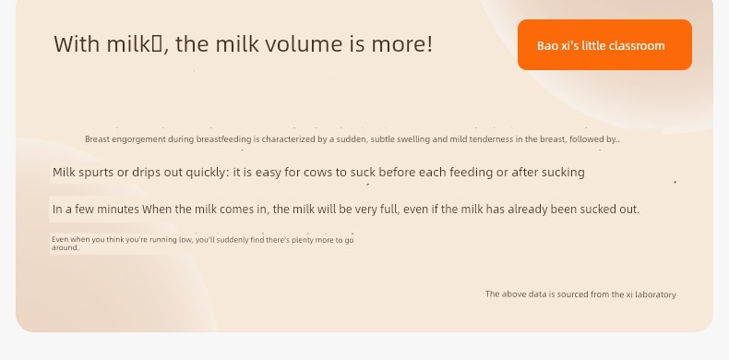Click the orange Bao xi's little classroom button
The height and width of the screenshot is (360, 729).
coord(604,44)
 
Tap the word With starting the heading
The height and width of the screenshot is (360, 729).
coord(77,43)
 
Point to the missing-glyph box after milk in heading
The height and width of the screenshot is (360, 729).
coord(157,44)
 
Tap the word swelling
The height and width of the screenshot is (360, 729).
coord(412,139)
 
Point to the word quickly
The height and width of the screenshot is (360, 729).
coord(207,173)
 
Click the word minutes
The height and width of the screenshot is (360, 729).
coord(118,210)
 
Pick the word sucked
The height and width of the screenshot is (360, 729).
coord(598,210)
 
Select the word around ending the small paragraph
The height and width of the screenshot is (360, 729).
coord(65,247)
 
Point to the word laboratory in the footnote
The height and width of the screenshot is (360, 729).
coord(655,294)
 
